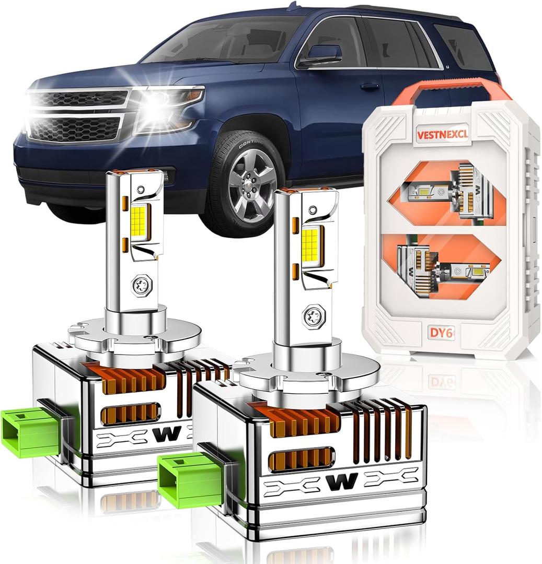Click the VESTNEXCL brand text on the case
443,133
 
